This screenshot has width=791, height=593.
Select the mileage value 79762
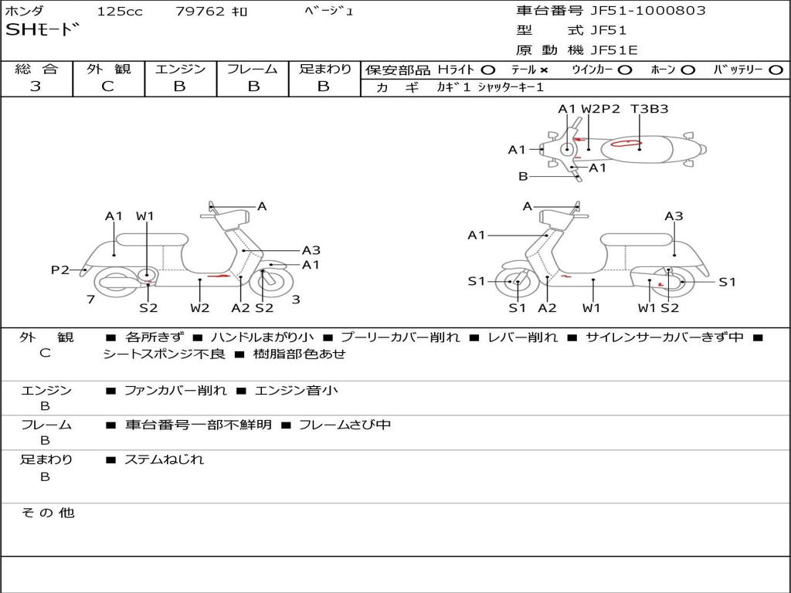(x=201, y=12)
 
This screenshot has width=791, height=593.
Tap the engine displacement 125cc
(x=114, y=12)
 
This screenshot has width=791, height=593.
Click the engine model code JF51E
(x=614, y=51)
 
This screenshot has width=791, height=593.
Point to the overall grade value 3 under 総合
(x=36, y=86)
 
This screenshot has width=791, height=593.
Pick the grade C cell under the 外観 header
(x=107, y=86)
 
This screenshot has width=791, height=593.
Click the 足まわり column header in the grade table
(x=325, y=69)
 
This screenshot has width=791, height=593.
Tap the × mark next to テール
(x=543, y=70)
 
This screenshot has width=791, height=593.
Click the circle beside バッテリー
(x=776, y=70)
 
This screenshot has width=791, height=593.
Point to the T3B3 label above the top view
(x=649, y=109)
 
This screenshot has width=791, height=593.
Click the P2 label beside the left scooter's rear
(x=60, y=269)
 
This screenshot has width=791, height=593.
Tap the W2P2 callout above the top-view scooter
(x=600, y=109)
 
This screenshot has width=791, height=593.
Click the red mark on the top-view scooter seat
(x=626, y=143)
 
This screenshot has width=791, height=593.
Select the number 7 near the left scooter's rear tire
(x=90, y=299)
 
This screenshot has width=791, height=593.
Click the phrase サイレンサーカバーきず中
(x=664, y=337)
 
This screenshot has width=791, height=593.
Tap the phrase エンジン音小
(x=296, y=391)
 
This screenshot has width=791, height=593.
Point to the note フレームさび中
(x=345, y=425)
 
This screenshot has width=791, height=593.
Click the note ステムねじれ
(x=164, y=459)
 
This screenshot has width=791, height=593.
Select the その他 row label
(x=48, y=513)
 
